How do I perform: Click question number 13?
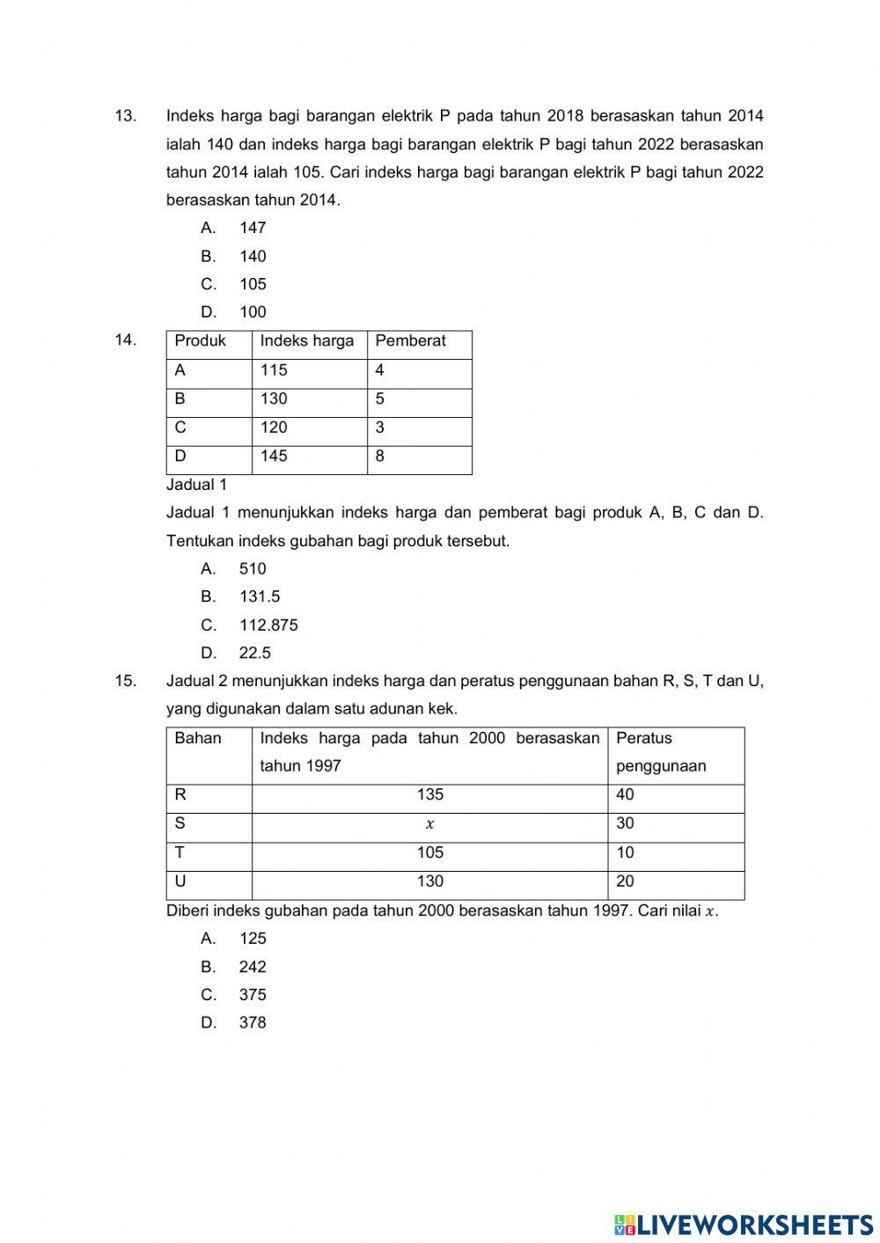(x=125, y=116)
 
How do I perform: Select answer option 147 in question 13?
(x=252, y=228)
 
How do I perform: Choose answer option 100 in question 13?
(x=252, y=312)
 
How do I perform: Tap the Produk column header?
(x=200, y=341)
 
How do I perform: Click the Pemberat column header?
(x=410, y=341)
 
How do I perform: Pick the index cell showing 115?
(x=274, y=370)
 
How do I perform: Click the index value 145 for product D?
(x=274, y=457)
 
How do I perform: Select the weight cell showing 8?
(x=380, y=457)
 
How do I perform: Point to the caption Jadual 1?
(x=196, y=485)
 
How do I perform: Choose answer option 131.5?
(x=259, y=596)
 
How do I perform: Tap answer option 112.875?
(x=268, y=625)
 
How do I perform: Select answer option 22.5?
(x=254, y=653)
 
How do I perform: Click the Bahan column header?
(x=198, y=738)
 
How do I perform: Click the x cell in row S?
(x=429, y=824)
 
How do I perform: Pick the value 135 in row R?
(x=429, y=795)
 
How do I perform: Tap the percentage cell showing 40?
(x=625, y=795)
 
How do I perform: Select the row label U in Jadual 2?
(x=180, y=881)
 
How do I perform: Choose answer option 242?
(x=252, y=967)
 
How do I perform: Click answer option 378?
(x=252, y=1023)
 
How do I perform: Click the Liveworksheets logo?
(x=744, y=1224)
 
